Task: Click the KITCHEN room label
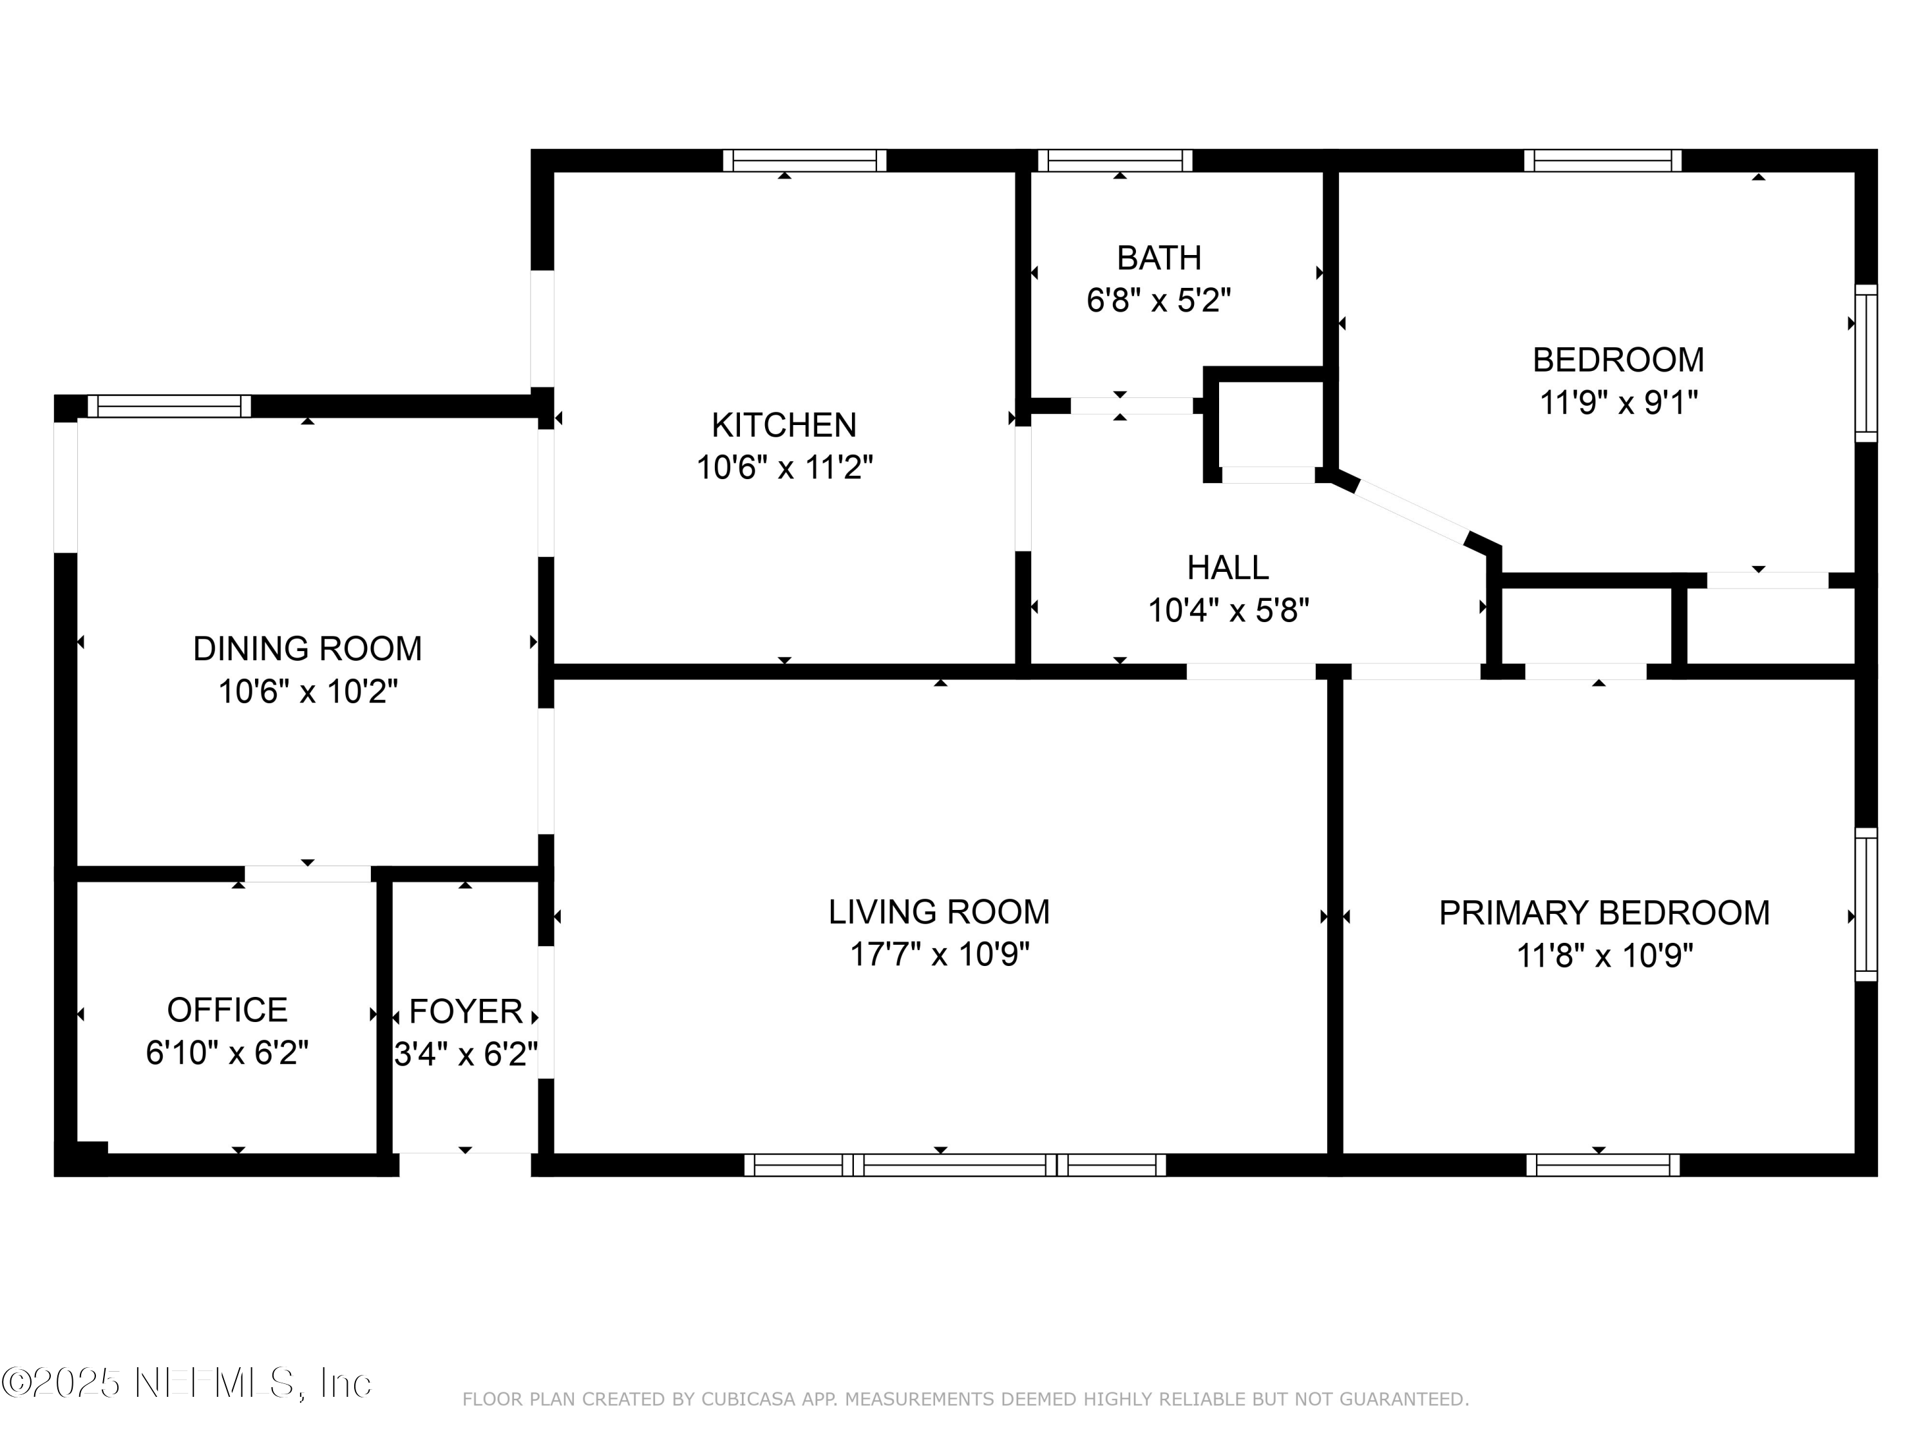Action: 784,425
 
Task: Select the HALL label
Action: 1227,568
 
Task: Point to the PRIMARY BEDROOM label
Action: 1604,913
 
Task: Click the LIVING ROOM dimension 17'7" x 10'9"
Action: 939,954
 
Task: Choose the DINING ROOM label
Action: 307,649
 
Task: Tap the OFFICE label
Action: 227,1010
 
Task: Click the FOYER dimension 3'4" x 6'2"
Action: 466,1054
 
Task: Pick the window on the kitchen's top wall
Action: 804,161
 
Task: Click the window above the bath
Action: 1115,161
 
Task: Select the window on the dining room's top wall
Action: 169,406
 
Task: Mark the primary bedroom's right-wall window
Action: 1866,904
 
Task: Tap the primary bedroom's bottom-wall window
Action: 1603,1165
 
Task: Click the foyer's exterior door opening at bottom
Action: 466,1164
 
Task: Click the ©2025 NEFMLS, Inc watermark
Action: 186,1382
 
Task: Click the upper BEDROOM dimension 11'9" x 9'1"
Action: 1618,402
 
